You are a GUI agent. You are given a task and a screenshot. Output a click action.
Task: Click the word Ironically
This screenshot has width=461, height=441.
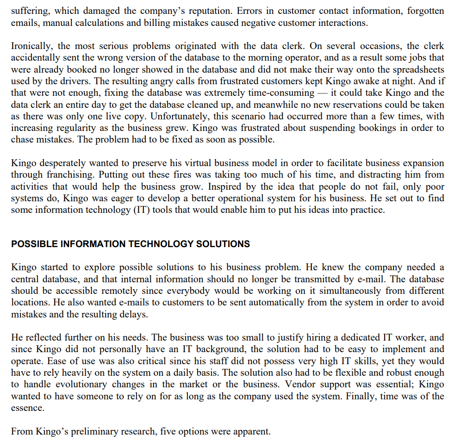point(32,46)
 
